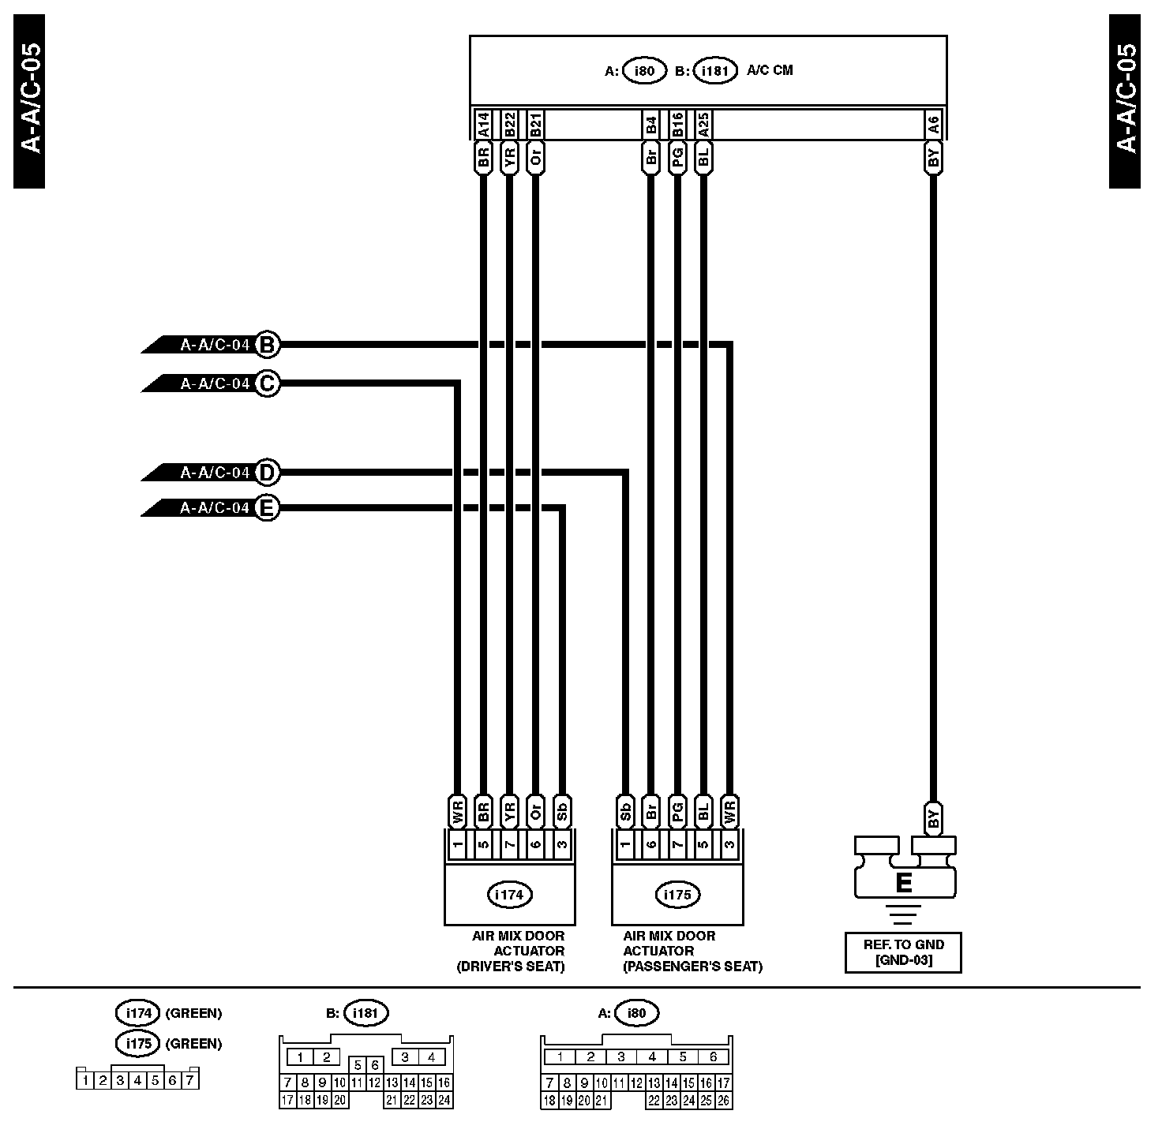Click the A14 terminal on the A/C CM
point(484,123)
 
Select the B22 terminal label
point(509,123)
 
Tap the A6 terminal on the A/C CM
point(933,123)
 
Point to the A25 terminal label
point(703,123)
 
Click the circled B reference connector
point(268,345)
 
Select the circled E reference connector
point(268,508)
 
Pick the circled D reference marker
point(268,473)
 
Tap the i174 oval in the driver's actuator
point(509,895)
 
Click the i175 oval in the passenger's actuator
point(677,895)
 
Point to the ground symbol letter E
point(905,882)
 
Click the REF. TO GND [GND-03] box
point(903,952)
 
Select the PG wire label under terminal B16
point(677,157)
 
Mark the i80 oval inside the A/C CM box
point(645,71)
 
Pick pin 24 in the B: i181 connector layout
point(444,1100)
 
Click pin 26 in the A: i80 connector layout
point(723,1100)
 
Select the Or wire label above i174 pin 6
point(535,811)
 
